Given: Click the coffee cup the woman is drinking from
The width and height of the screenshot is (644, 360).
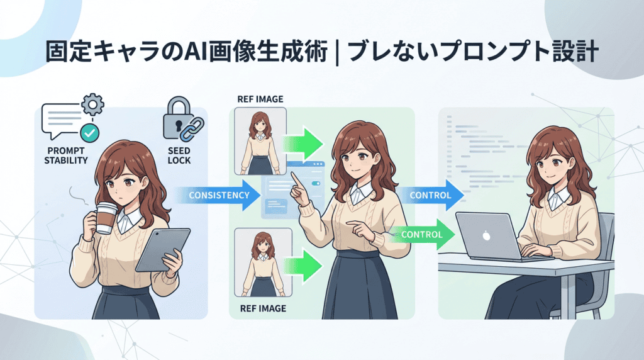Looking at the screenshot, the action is tap(106, 218).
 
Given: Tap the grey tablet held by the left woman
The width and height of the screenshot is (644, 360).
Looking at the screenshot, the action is tap(163, 249).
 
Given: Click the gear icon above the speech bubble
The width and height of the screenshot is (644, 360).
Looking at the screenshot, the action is tap(92, 104).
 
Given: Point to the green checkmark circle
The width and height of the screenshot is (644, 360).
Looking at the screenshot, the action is tap(89, 133).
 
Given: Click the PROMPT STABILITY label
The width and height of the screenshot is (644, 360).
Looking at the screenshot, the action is tap(66, 155).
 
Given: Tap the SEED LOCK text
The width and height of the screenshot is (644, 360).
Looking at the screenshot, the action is tap(179, 155).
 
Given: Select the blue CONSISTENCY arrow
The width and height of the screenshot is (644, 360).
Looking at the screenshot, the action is tap(218, 195).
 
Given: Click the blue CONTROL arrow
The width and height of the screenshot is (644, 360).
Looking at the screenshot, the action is tap(430, 195).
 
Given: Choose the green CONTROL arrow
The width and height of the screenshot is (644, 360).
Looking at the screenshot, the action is tap(421, 234).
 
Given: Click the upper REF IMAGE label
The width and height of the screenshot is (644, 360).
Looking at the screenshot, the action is tap(260, 99).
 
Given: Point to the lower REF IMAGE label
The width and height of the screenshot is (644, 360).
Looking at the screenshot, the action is tap(264, 308).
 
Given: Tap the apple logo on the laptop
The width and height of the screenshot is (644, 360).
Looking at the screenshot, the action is tap(486, 236).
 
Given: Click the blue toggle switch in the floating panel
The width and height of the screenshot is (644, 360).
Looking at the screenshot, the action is tap(316, 183).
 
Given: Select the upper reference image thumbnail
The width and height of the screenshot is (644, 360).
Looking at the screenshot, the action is tap(260, 142).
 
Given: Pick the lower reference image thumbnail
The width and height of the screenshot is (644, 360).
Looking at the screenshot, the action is tap(264, 262).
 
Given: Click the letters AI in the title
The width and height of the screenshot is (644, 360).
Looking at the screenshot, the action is tap(196, 52).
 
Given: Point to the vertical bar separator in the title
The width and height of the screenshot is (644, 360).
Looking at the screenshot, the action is tap(337, 53).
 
